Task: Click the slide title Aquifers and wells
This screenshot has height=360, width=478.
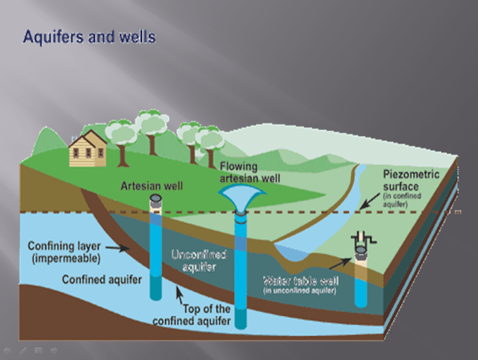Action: point(89,35)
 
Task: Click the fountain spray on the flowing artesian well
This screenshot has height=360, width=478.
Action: point(241,196)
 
